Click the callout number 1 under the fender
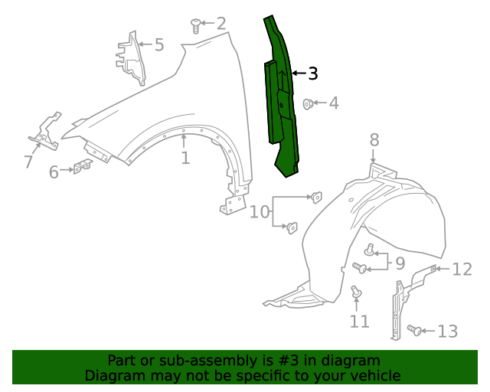[x=185, y=158]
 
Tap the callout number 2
[x=221, y=24]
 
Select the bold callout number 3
[x=312, y=73]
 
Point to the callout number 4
[x=334, y=103]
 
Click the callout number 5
[x=159, y=44]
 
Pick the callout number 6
[x=54, y=172]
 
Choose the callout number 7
[x=28, y=162]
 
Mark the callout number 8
[x=374, y=139]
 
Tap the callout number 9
[x=400, y=264]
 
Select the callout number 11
[x=360, y=322]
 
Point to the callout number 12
[x=462, y=269]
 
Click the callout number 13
[x=447, y=331]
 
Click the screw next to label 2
[x=197, y=27]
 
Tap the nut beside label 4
[x=309, y=103]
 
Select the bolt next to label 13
[x=414, y=330]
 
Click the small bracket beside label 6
[x=82, y=166]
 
